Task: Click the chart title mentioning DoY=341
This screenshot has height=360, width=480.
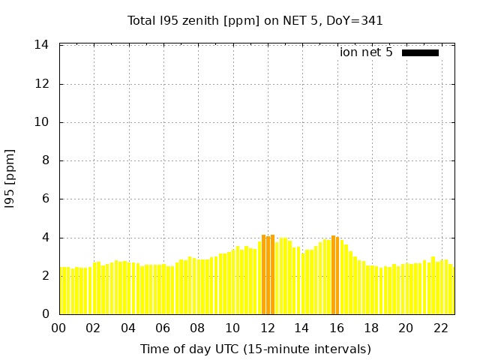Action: pyautogui.click(x=255, y=20)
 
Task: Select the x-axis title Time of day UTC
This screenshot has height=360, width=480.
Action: pyautogui.click(x=255, y=349)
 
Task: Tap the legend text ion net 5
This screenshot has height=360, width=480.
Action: pyautogui.click(x=366, y=52)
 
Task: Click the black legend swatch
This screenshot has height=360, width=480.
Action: pyautogui.click(x=420, y=52)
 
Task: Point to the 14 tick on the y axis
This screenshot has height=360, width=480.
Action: pyautogui.click(x=42, y=45)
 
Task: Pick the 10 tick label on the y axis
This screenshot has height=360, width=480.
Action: pyautogui.click(x=42, y=122)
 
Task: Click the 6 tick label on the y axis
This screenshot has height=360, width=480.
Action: pyautogui.click(x=45, y=199)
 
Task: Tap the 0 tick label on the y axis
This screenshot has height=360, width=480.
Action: pyautogui.click(x=45, y=314)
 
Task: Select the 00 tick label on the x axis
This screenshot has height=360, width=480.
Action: pyautogui.click(x=58, y=328)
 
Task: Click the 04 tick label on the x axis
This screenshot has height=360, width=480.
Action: pyautogui.click(x=128, y=328)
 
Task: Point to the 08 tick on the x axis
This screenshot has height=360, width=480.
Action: pyautogui.click(x=197, y=328)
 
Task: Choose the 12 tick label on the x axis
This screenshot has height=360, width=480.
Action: pyautogui.click(x=267, y=328)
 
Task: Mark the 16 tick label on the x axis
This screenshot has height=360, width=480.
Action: pyautogui.click(x=337, y=328)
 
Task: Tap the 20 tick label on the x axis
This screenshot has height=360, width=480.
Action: pyautogui.click(x=406, y=328)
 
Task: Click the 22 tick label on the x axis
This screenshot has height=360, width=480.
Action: pyautogui.click(x=441, y=328)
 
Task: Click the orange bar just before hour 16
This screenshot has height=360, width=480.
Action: pyautogui.click(x=334, y=275)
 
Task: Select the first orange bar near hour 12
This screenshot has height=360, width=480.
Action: pyautogui.click(x=264, y=275)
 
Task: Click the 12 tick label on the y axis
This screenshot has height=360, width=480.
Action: pyautogui.click(x=42, y=84)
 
